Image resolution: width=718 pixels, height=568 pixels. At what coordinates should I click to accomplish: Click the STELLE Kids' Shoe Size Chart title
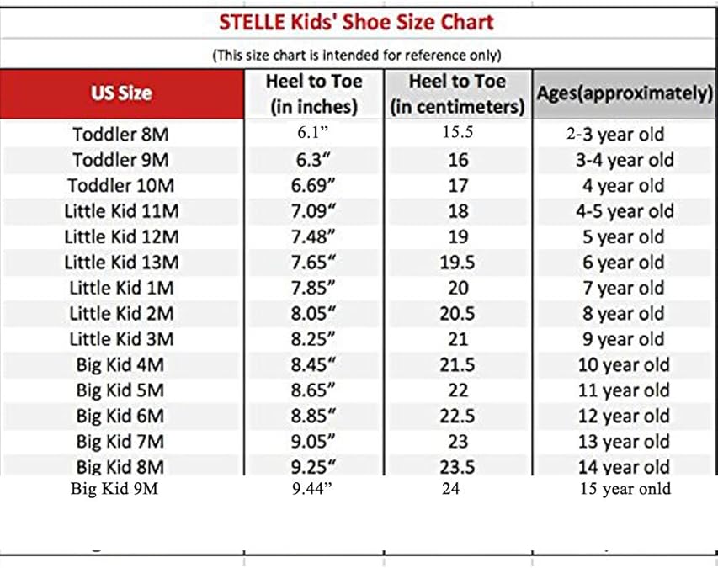tap(356, 22)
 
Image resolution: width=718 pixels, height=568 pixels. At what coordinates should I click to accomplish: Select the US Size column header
tap(121, 93)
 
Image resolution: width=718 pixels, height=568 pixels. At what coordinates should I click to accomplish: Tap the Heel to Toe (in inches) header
tap(313, 93)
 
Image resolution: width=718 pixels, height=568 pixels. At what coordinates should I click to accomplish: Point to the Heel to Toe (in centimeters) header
tap(457, 93)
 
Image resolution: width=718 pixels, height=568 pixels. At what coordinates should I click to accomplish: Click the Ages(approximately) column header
tap(625, 93)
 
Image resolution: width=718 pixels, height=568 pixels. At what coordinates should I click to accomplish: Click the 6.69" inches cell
tap(313, 186)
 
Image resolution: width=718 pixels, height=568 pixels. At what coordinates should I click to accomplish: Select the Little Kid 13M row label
tap(121, 263)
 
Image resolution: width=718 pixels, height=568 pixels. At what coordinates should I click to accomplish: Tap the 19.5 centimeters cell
tap(457, 263)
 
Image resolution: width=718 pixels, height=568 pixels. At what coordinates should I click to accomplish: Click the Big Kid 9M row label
tap(114, 488)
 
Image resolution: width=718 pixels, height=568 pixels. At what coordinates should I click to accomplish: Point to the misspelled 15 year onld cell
tap(625, 488)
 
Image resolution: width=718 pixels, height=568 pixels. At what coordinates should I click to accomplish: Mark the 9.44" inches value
tap(313, 488)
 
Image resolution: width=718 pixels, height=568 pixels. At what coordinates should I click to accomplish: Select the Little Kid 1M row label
tap(121, 288)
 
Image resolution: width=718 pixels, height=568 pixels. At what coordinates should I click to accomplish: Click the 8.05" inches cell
tap(313, 314)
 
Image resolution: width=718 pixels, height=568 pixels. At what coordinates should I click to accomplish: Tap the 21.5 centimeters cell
tap(457, 365)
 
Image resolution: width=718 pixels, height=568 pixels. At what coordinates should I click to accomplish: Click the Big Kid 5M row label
tap(121, 390)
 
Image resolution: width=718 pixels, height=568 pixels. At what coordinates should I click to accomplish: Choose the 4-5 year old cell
tap(625, 211)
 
